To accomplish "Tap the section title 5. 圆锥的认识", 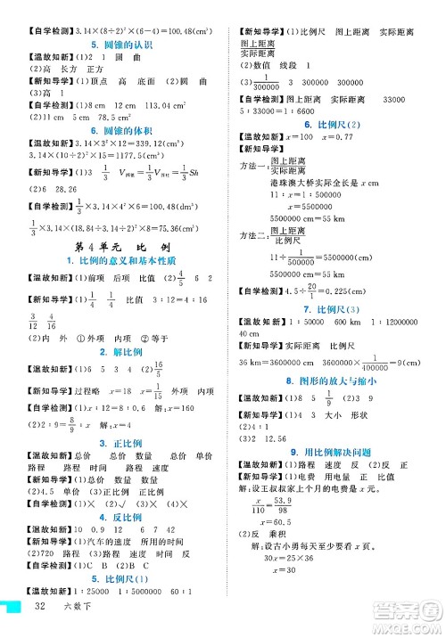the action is (x=111, y=45).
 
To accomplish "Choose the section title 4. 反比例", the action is (x=111, y=517).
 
